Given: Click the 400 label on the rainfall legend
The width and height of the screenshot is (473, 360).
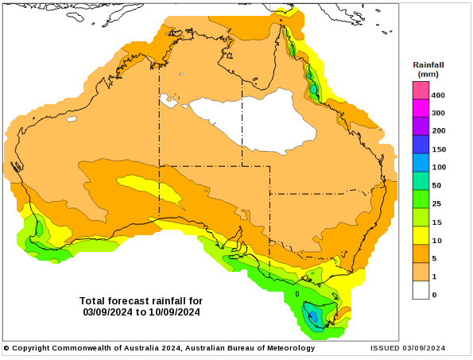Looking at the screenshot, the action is tap(438, 95).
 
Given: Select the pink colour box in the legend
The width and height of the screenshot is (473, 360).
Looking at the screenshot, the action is tap(421, 90).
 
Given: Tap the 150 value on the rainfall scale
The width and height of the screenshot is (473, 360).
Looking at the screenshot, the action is tap(439, 149).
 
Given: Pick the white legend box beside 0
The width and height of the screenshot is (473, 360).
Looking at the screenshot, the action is tap(421, 290).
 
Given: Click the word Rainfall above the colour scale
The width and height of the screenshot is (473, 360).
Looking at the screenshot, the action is tap(428, 65).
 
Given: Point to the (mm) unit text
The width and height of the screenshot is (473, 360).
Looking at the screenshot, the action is tap(428, 74).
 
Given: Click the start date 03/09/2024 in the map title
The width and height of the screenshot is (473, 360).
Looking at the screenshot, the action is tap(107, 312).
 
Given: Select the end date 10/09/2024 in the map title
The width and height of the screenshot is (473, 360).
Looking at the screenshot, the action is tap(174, 312).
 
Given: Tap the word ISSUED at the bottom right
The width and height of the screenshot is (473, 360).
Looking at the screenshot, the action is tap(385, 348).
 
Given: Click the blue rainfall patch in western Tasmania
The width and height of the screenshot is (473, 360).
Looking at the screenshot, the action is tap(314, 316).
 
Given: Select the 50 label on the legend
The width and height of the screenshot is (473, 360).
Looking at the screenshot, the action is tap(436, 185).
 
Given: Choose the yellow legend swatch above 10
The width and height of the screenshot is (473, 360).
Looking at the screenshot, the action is tap(421, 235).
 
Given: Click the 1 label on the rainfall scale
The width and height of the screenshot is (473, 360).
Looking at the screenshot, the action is tap(434, 277).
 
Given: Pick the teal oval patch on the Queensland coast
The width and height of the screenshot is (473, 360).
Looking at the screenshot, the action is tap(314, 89).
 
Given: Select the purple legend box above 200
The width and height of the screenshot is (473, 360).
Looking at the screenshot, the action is tap(421, 126).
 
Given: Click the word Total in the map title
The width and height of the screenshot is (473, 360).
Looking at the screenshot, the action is tap(92, 301).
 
